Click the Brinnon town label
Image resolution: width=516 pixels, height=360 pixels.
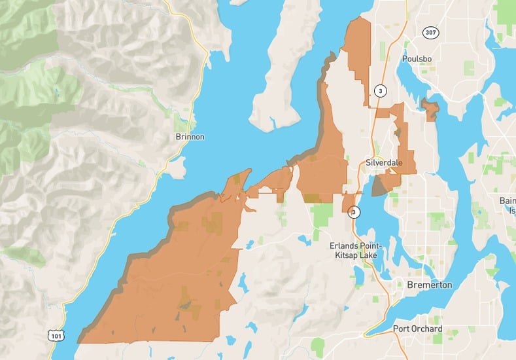pos(190,137)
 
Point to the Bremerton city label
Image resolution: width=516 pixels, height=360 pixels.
pos(429,285)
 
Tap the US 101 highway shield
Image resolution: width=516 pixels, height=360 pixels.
pos(56,335)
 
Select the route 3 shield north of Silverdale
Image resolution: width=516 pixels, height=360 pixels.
pos(379,90)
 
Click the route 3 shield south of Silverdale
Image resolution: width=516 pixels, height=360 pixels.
pos(354,212)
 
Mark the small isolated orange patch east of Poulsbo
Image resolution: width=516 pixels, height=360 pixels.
pos(430,110)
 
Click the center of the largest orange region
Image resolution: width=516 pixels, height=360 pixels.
pos(173,275)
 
